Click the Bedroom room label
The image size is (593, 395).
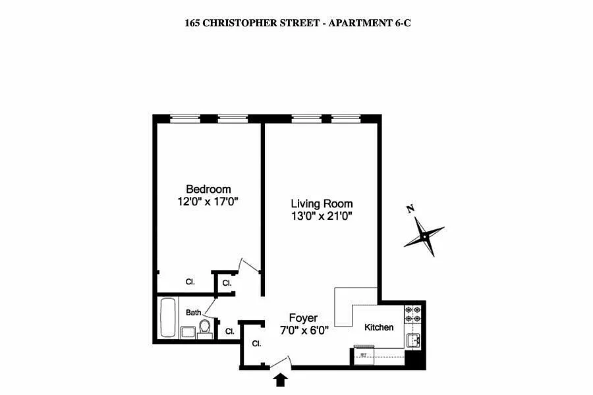(x=208, y=189)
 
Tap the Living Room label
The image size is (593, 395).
(x=322, y=203)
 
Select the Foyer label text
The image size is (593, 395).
(x=303, y=318)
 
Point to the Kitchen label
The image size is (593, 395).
(x=379, y=327)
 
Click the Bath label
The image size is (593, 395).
(x=193, y=313)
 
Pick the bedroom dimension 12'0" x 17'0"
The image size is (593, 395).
(x=208, y=201)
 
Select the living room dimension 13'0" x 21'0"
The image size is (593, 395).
(x=322, y=216)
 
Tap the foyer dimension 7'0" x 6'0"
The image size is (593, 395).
(x=304, y=330)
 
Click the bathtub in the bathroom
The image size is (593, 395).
(x=168, y=317)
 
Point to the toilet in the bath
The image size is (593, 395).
(x=205, y=327)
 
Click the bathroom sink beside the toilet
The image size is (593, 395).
(x=188, y=332)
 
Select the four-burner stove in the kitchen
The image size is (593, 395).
(x=412, y=314)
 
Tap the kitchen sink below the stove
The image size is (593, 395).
(x=413, y=340)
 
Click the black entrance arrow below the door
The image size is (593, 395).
(x=280, y=379)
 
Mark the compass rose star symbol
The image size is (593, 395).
(x=424, y=236)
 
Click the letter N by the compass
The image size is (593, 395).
(x=410, y=209)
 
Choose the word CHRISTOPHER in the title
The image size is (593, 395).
(x=260, y=23)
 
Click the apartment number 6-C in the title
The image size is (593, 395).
(x=403, y=23)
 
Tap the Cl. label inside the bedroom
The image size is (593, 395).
(x=190, y=282)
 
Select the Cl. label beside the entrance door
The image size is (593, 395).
(x=256, y=344)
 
